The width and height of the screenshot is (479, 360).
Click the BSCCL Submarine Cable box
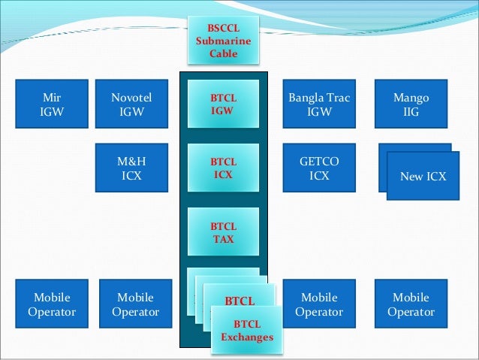[223, 41]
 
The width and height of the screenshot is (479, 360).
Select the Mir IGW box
[51, 104]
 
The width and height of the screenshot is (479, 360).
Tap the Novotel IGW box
[131, 104]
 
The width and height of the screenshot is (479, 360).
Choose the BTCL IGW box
[223, 104]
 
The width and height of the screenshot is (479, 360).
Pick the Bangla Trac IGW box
[319, 104]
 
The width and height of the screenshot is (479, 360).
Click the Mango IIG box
[411, 104]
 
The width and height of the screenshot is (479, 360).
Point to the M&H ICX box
[131, 168]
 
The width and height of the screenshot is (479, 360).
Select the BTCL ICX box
[223, 168]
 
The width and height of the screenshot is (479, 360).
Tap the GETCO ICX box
[319, 168]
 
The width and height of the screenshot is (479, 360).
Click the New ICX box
[423, 177]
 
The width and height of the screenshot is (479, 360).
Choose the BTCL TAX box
[223, 233]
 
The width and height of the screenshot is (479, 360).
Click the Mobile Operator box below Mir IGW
[51, 304]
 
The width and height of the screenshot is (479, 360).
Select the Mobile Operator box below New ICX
[411, 304]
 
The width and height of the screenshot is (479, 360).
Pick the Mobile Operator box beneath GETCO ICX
[319, 304]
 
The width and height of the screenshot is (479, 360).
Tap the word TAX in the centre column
[223, 239]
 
